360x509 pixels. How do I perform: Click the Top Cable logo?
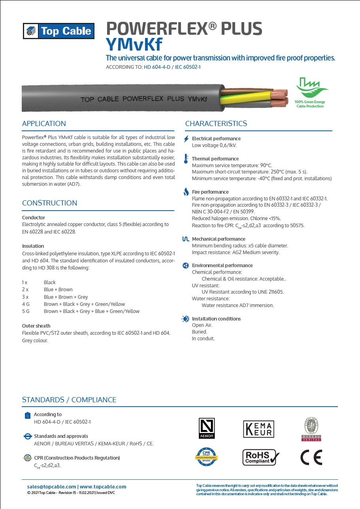click(58, 31)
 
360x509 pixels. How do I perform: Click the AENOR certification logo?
click(207, 428)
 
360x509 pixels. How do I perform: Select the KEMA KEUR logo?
click(258, 429)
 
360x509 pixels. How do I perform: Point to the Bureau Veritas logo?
click(311, 429)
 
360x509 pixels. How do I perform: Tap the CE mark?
click(311, 457)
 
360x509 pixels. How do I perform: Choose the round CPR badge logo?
click(207, 456)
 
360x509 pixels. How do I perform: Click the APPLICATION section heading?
click(44, 124)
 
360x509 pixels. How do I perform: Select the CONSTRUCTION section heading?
click(49, 203)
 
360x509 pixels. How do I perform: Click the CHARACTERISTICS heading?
click(216, 124)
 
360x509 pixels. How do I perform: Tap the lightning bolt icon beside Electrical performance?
click(187, 139)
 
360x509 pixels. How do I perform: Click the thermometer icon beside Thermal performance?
click(186, 159)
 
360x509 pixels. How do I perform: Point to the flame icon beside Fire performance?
click(186, 192)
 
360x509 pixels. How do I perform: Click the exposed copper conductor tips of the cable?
click(280, 98)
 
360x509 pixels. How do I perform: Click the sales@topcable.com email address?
click(51, 486)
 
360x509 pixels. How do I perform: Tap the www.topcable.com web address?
click(103, 486)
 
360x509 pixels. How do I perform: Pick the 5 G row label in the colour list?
click(26, 311)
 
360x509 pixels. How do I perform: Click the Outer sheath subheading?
click(36, 326)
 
